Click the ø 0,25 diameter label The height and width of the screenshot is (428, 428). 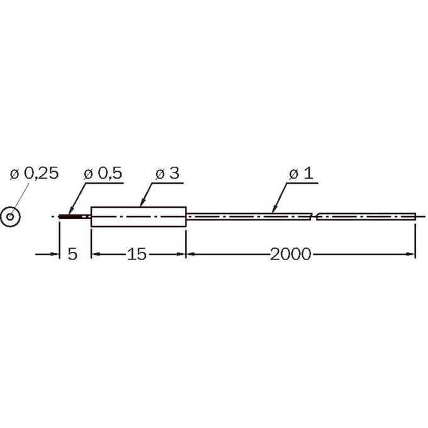[35, 173]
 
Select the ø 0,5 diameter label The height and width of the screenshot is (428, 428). [103, 173]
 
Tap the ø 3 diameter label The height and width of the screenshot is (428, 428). [167, 173]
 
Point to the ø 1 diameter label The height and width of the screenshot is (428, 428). [301, 173]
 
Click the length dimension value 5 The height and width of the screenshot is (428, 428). [72, 254]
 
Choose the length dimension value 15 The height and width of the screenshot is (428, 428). [137, 254]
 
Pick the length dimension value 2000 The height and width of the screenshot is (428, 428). [290, 254]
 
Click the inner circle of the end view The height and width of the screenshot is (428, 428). [10, 217]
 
